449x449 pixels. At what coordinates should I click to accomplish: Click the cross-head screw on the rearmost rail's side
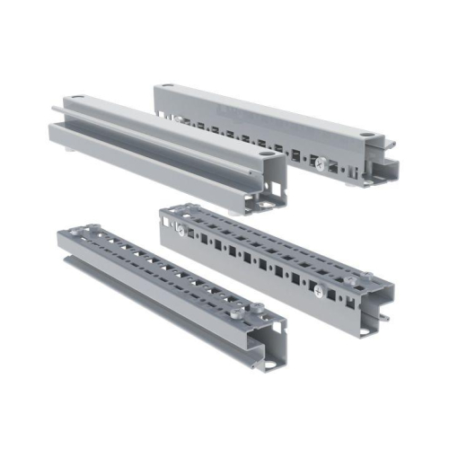pyautogui.click(x=321, y=163)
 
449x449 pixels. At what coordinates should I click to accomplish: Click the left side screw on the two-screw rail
pyautogui.click(x=180, y=231)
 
